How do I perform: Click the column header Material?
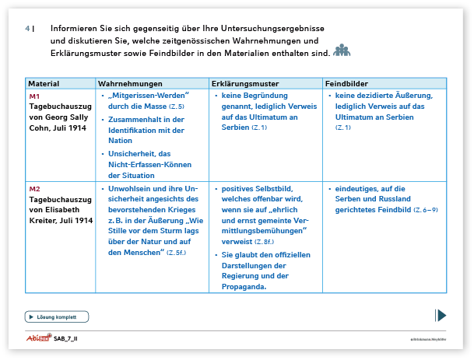coord(44,83)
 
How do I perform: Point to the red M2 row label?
coord(34,189)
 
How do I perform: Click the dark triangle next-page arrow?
coord(441,315)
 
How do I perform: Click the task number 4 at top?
coord(27,29)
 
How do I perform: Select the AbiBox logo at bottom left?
coord(37,339)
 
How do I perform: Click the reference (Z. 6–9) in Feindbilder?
coord(426,211)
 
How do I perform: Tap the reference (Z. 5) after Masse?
coord(175,106)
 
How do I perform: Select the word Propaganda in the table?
coord(244,286)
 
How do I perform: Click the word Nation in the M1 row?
coord(121,142)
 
